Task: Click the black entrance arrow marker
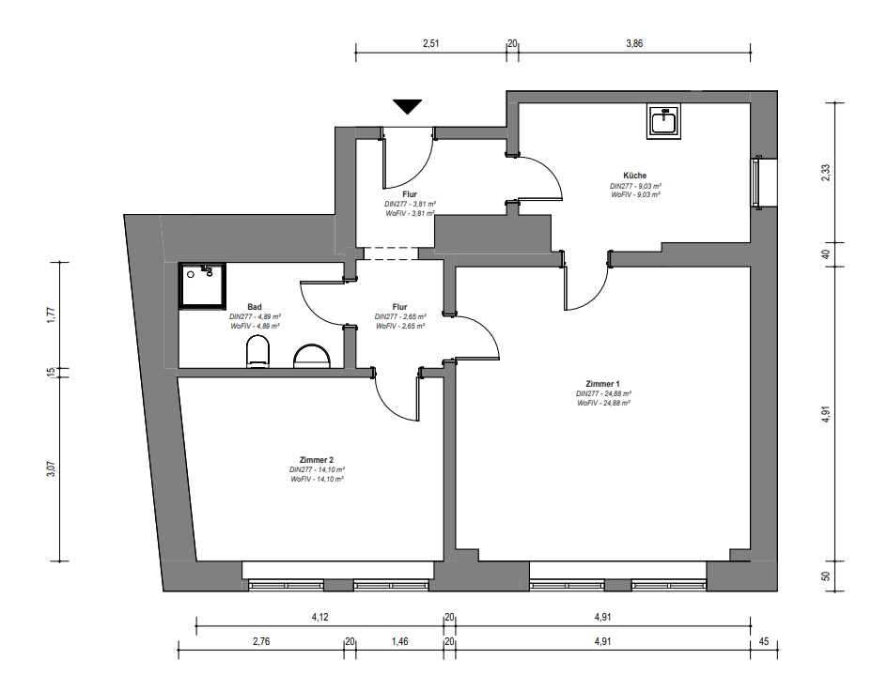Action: pyautogui.click(x=407, y=106)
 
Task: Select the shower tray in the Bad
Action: pyautogui.click(x=202, y=286)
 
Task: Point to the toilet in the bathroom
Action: pyautogui.click(x=257, y=351)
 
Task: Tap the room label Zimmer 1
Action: pyautogui.click(x=603, y=384)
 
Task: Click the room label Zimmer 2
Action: pyautogui.click(x=317, y=460)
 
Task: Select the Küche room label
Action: pyautogui.click(x=635, y=176)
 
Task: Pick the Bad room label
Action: pyautogui.click(x=255, y=307)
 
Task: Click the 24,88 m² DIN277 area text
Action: pyautogui.click(x=603, y=394)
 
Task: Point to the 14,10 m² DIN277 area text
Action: pyautogui.click(x=317, y=469)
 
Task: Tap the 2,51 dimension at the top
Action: pyautogui.click(x=431, y=43)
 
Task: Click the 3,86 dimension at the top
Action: pyautogui.click(x=634, y=43)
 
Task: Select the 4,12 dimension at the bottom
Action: pyautogui.click(x=319, y=617)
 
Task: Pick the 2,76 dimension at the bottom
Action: pyautogui.click(x=261, y=642)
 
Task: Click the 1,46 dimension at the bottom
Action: pyautogui.click(x=400, y=642)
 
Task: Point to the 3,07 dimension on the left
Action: pyautogui.click(x=51, y=468)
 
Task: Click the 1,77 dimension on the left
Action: pyautogui.click(x=51, y=315)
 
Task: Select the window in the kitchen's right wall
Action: pyautogui.click(x=755, y=182)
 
